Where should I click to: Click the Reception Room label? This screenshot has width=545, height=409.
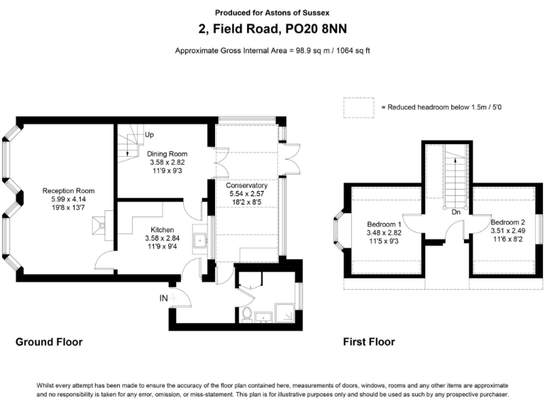[68, 190]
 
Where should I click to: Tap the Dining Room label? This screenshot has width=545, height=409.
[167, 153]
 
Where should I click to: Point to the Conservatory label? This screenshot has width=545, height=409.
[248, 185]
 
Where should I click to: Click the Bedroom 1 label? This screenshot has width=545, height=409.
[384, 224]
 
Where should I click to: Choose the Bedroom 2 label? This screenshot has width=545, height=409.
[508, 222]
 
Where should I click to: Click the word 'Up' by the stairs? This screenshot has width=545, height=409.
[149, 134]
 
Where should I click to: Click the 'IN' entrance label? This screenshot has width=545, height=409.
[164, 298]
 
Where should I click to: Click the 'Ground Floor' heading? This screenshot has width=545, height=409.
[49, 342]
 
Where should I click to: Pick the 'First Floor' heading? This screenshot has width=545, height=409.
[369, 342]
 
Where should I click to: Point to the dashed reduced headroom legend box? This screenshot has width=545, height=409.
[359, 107]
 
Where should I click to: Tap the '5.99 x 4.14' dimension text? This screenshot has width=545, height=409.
[68, 200]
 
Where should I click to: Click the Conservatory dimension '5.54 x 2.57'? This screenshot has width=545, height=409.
[248, 194]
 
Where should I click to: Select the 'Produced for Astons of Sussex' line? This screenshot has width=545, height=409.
[272, 13]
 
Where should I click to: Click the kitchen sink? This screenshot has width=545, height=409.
[200, 241]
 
